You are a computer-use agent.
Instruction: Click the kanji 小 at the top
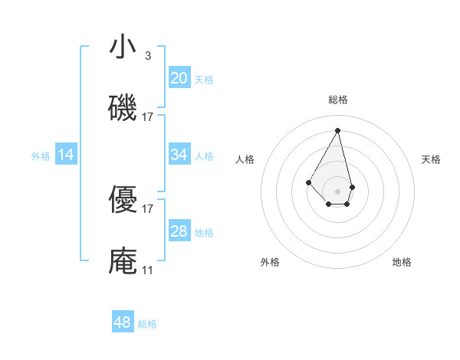123,47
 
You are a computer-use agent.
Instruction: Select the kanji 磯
123,108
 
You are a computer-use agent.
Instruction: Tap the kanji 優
123,201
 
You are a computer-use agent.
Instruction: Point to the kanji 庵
123,261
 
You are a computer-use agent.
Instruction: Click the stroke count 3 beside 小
148,56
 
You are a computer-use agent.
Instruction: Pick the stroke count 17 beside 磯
148,117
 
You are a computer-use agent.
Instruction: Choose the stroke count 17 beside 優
148,208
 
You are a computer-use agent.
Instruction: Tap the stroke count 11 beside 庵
148,270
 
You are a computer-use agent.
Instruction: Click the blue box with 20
179,77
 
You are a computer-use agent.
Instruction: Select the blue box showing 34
179,154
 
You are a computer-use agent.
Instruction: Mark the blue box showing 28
179,231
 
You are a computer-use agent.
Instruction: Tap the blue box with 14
66,155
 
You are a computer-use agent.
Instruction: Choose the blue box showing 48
123,322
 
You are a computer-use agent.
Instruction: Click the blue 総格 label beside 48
147,324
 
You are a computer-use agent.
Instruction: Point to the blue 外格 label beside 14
41,155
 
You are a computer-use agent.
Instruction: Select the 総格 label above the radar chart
337,100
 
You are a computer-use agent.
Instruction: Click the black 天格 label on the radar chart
431,159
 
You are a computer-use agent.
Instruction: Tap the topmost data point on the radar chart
337,129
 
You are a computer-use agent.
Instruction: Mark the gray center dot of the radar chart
337,191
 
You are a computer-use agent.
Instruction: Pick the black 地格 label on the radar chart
402,262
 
